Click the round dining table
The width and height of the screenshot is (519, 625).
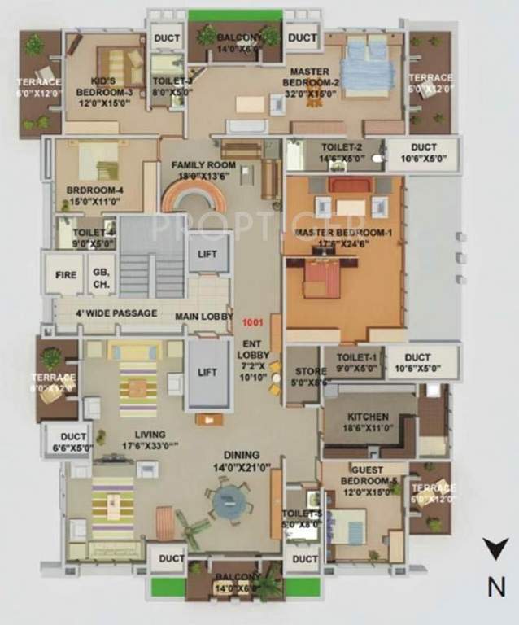click(225, 502)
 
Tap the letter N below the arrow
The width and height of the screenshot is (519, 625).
click(494, 585)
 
